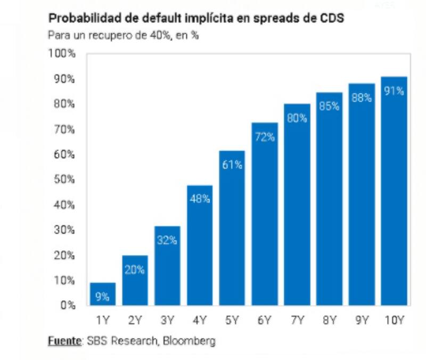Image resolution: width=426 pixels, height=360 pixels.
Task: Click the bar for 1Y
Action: pos(102,294)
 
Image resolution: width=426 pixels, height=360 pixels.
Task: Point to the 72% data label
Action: pos(265,137)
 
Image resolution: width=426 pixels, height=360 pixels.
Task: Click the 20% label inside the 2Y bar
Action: pos(135,270)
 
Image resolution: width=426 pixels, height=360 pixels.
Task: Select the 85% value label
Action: pos(329,107)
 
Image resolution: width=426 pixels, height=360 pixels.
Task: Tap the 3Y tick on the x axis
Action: pos(167,321)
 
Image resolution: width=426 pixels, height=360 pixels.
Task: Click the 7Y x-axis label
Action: pos(297,321)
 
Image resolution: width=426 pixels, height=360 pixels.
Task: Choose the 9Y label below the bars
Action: pos(362,321)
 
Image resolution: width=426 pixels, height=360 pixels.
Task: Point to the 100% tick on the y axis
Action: pos(62,54)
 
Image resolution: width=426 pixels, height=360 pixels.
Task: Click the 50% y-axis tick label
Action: pos(64,179)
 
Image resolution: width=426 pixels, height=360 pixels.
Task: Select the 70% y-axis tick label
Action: pos(64,129)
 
